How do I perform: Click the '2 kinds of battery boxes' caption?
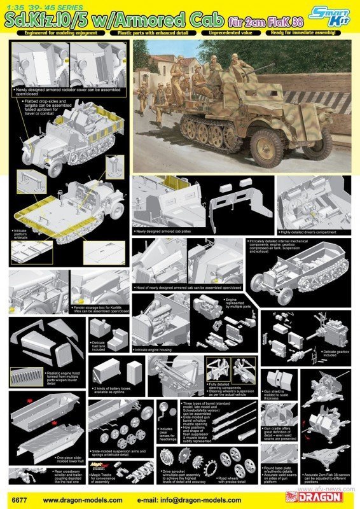tap(117, 387)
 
